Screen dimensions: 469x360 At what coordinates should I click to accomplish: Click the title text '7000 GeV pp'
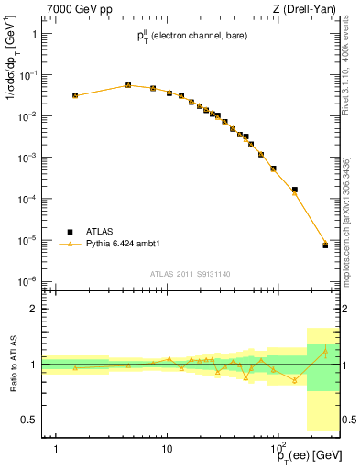73,9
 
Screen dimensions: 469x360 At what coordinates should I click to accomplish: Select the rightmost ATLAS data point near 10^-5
325,245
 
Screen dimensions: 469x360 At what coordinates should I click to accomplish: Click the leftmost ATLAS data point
75,94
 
